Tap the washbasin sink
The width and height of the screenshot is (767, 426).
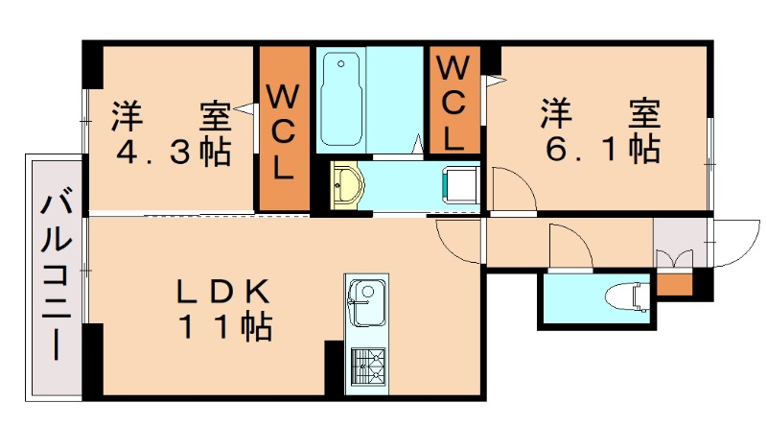pos(346,182)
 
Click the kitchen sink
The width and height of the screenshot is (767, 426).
pos(364,302)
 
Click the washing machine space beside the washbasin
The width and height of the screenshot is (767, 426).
pos(459,182)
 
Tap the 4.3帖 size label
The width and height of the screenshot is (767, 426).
pos(173,151)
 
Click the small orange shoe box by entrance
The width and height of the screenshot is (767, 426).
pos(673,284)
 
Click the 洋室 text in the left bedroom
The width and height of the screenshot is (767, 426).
pos(173,115)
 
